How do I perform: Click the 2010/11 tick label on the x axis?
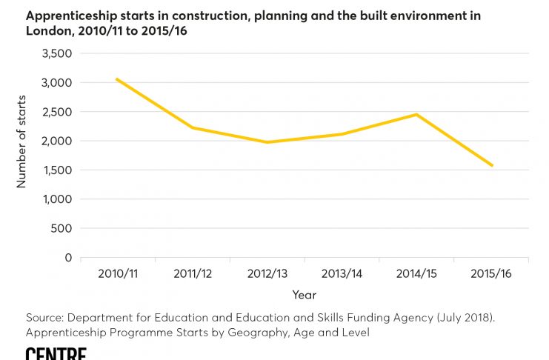[117, 274]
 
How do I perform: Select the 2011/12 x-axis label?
[192, 274]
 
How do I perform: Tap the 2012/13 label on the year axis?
[267, 274]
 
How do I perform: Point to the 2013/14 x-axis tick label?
[342, 274]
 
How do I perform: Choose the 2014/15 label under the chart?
[416, 274]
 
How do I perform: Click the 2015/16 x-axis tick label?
[491, 274]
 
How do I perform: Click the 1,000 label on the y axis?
[57, 199]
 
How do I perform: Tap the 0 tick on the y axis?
[68, 258]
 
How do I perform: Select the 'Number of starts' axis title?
[22, 141]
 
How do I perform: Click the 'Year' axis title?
[304, 295]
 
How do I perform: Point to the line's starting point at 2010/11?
[117, 79]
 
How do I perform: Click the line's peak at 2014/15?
[416, 114]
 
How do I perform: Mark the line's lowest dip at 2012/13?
[267, 142]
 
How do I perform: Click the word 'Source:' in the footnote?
[44, 318]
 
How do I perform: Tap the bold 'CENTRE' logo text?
[56, 354]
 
